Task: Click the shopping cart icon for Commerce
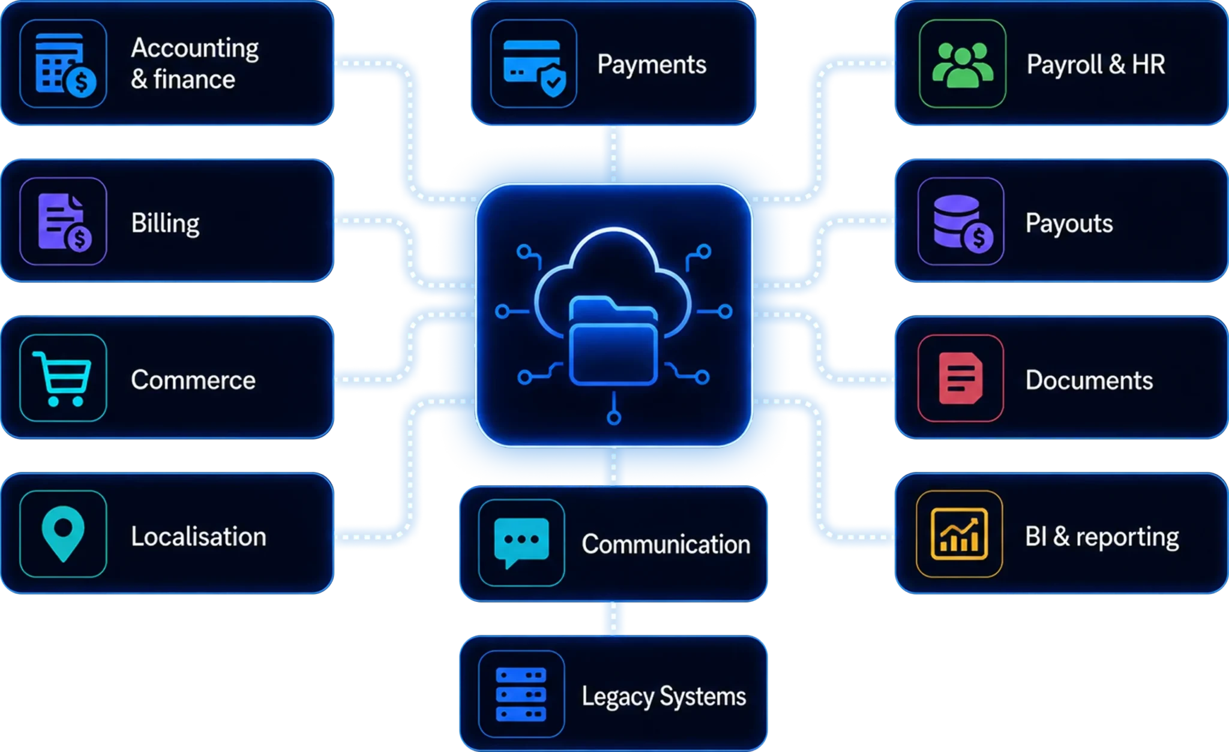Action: click(x=62, y=378)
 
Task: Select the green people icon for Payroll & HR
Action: click(x=963, y=64)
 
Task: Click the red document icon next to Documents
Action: click(x=961, y=378)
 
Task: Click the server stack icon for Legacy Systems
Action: click(x=521, y=694)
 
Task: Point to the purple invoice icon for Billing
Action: click(x=64, y=221)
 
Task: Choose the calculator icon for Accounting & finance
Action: click(x=65, y=65)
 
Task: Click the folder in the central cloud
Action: click(x=613, y=340)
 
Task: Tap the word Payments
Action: click(x=652, y=65)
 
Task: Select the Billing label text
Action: click(x=165, y=223)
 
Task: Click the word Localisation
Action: click(x=199, y=536)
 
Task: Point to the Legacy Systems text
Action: click(x=664, y=696)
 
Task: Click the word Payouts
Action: click(x=1069, y=223)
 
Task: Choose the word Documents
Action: click(x=1089, y=380)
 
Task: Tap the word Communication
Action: click(x=666, y=544)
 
